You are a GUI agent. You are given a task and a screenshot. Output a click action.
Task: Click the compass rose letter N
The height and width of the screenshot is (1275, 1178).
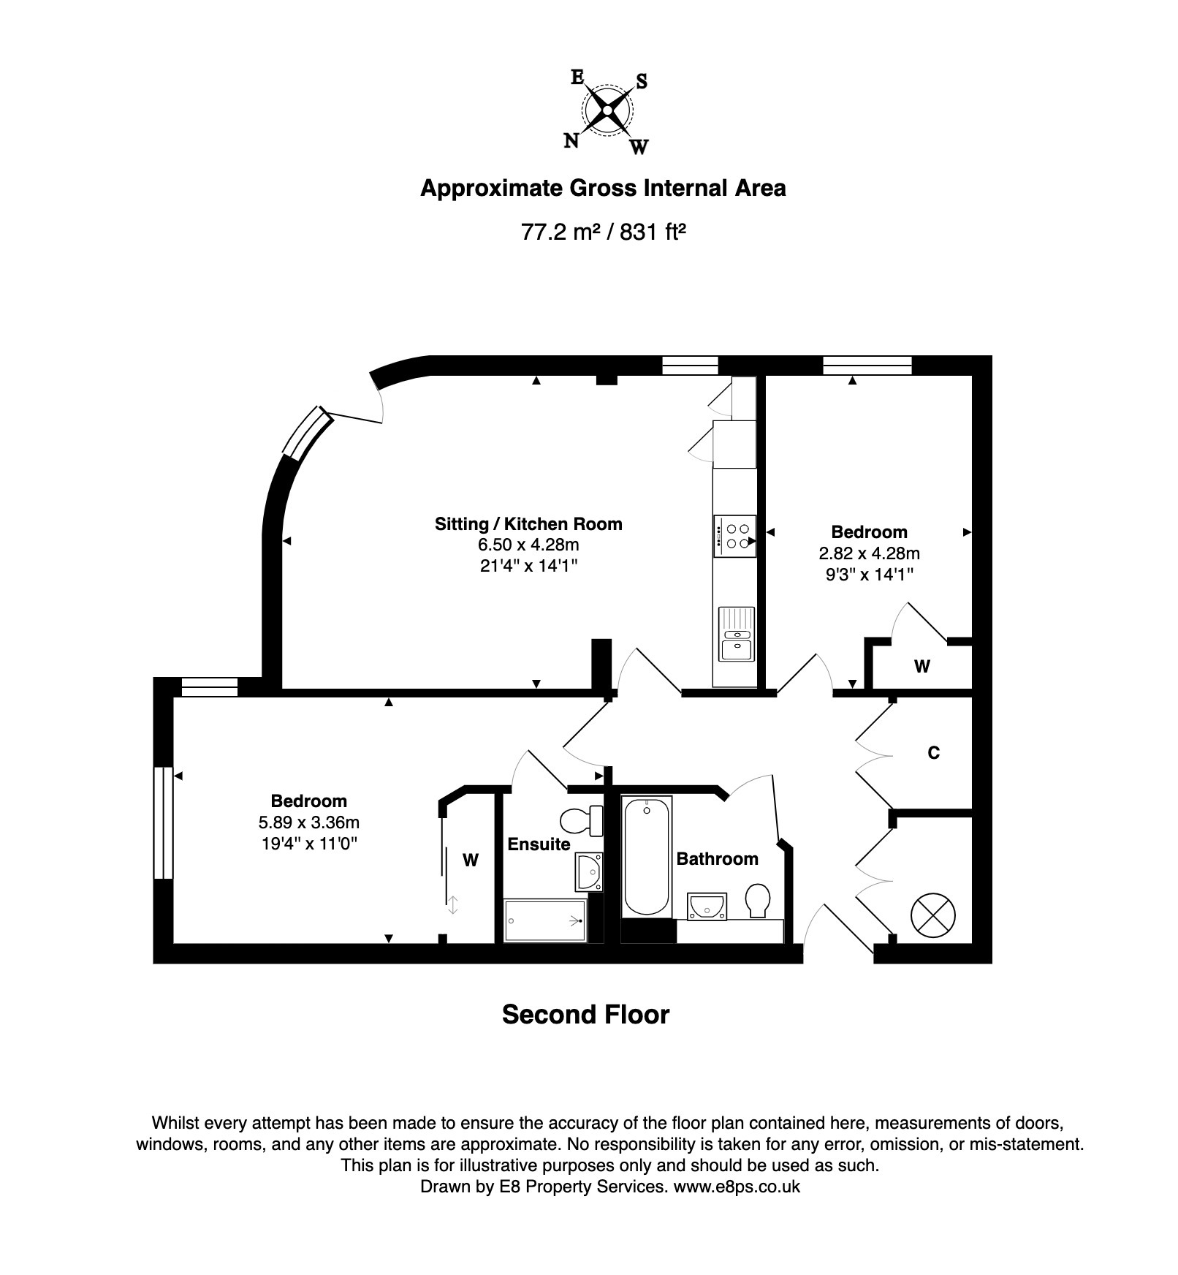[571, 140]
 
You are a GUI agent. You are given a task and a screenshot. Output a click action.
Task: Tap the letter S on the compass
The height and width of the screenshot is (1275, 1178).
[641, 81]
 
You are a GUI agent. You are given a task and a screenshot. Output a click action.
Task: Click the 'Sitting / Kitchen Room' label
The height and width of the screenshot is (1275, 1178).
[528, 523]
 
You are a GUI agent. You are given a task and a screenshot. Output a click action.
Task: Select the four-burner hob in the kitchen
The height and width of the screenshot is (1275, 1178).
[735, 536]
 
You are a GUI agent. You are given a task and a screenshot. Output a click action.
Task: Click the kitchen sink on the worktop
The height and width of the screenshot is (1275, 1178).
[736, 634]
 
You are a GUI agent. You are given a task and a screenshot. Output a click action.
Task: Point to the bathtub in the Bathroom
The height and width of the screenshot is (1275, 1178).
[646, 856]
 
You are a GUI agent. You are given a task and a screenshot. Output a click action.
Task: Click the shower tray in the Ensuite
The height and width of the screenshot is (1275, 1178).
[545, 920]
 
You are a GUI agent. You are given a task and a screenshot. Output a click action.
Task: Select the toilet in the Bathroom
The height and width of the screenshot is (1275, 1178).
[757, 901]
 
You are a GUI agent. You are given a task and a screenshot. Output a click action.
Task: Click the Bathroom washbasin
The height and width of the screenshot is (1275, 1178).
[707, 907]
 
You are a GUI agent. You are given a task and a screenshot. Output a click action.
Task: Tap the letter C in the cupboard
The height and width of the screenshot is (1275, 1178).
[933, 752]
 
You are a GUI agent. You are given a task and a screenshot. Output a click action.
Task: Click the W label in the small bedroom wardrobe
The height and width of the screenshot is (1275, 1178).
[922, 666]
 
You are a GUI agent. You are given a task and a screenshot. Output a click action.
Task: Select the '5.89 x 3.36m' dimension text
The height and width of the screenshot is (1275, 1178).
[309, 822]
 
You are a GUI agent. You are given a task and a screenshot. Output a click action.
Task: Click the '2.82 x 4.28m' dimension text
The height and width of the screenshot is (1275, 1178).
[870, 553]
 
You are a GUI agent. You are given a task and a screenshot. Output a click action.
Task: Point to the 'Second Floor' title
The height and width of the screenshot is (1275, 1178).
[585, 1015]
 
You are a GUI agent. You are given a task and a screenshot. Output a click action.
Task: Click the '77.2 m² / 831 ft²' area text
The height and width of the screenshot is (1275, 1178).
[603, 232]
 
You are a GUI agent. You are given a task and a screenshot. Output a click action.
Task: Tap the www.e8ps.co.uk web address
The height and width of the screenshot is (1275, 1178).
[737, 1187]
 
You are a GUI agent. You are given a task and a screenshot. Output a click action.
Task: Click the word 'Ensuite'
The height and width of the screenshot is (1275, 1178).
[539, 844]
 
